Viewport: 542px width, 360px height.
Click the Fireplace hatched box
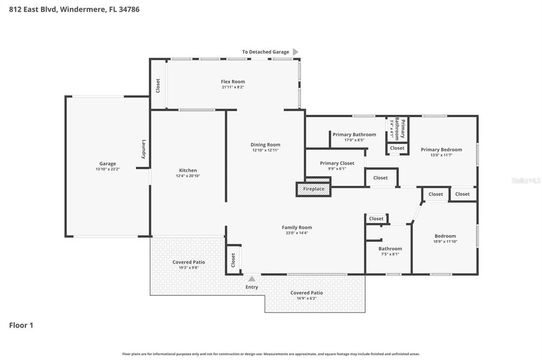point(313,189)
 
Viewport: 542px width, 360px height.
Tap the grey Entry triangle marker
point(251,278)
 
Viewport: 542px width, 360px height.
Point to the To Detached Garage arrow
point(295,52)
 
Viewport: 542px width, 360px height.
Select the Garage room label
point(107,164)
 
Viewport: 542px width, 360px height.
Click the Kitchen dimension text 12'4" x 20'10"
point(188,176)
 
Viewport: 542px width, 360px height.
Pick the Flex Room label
point(233,82)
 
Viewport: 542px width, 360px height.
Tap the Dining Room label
point(266,145)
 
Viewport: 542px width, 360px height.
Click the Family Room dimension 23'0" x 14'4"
point(296,233)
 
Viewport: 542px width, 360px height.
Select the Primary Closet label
point(337,163)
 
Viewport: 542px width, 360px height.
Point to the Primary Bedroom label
point(441,150)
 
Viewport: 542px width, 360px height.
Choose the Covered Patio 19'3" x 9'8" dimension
point(189,268)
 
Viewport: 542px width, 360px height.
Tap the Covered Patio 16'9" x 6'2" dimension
point(306,298)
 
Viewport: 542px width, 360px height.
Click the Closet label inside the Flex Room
point(158,86)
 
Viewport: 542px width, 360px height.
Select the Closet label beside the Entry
point(233,260)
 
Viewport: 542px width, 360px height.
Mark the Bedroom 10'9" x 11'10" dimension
point(445,242)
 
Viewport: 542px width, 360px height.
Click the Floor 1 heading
point(21,325)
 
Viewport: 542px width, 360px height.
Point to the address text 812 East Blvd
point(32,10)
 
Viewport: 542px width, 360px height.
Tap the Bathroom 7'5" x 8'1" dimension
point(390,254)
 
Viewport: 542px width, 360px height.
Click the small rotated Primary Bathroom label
point(400,129)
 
